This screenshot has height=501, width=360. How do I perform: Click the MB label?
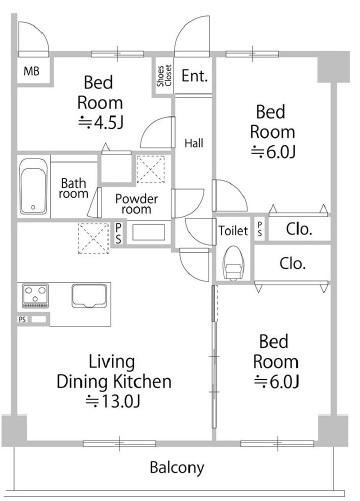click(x=31, y=71)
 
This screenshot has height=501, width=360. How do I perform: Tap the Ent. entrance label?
click(x=195, y=76)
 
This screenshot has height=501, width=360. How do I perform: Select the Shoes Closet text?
click(x=164, y=76)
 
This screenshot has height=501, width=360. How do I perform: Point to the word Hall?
click(x=194, y=143)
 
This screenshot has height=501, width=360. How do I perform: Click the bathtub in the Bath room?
click(x=33, y=187)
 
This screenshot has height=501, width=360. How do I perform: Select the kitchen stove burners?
click(x=35, y=295)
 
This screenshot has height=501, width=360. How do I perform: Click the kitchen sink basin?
click(x=89, y=296)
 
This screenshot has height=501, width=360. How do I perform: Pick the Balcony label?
click(x=177, y=467)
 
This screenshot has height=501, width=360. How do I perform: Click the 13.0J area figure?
click(x=113, y=401)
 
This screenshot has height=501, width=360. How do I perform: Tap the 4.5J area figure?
click(x=101, y=123)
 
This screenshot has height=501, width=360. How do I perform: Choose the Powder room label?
click(x=136, y=204)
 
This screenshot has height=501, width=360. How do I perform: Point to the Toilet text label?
click(x=233, y=231)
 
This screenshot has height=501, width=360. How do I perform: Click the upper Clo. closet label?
click(x=299, y=229)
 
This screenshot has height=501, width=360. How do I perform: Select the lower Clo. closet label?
click(x=293, y=263)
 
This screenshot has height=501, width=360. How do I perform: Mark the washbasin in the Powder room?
click(x=148, y=232)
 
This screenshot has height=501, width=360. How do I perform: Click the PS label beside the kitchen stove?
click(x=22, y=319)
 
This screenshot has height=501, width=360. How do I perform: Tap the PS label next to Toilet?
click(x=260, y=229)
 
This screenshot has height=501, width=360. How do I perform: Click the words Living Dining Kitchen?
click(x=114, y=372)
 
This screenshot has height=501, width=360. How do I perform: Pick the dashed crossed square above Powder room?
click(x=151, y=169)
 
